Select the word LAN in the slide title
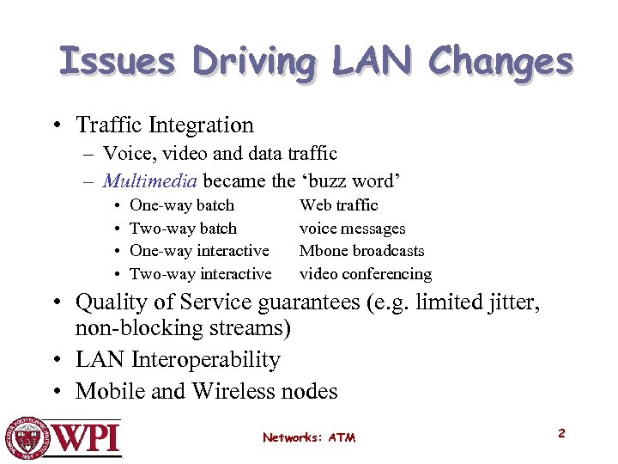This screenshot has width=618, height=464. [374, 62]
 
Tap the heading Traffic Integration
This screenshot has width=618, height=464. [165, 125]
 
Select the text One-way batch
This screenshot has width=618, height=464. [181, 205]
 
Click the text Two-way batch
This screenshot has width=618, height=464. [183, 228]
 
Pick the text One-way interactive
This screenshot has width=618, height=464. [199, 251]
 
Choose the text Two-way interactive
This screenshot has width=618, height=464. [200, 274]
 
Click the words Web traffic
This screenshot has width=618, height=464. [338, 205]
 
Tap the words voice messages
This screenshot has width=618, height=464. [352, 228]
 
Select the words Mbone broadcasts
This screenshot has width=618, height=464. [361, 251]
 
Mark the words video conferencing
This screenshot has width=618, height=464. [365, 274]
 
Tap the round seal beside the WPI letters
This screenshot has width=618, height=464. [26, 437]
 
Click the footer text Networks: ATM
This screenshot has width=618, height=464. [309, 437]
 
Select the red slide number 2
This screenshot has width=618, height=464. [561, 433]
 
